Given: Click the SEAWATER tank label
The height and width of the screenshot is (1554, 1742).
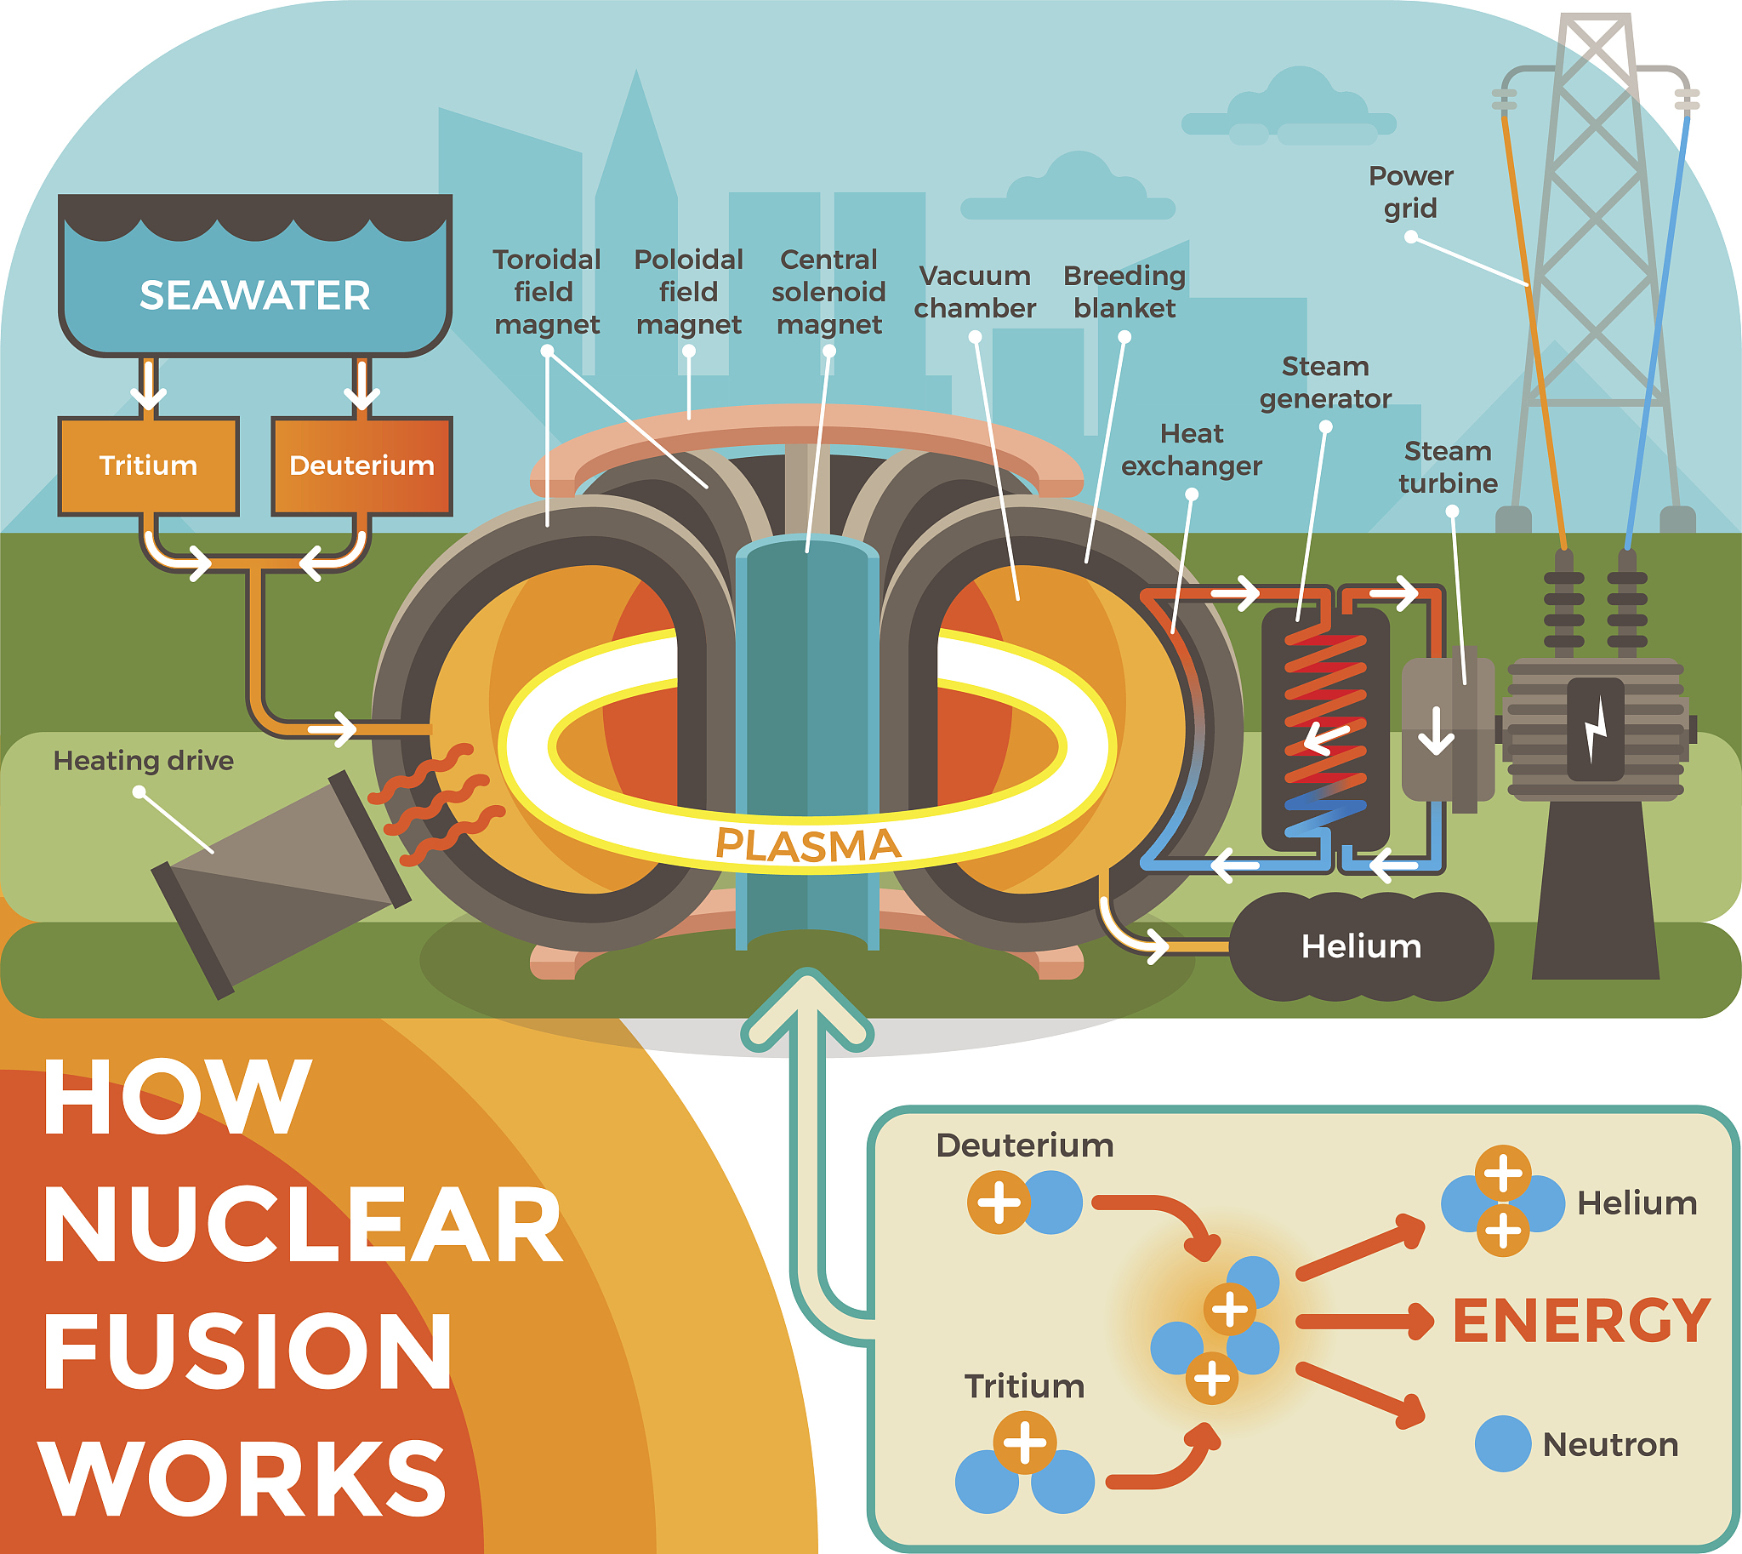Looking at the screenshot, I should click(x=254, y=295).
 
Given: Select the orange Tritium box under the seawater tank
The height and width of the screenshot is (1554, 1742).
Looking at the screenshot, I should click(x=148, y=466).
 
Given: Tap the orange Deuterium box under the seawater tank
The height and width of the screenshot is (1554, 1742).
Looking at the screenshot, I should click(x=361, y=466).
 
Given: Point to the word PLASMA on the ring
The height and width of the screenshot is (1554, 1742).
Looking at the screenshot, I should click(x=807, y=844).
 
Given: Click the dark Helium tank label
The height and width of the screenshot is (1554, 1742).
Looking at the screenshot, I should click(x=1361, y=946).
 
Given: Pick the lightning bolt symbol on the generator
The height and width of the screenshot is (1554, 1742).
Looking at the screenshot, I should click(x=1595, y=728).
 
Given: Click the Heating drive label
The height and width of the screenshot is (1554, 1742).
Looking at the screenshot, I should click(x=144, y=761).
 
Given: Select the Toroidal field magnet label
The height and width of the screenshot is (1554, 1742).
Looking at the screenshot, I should click(x=546, y=292).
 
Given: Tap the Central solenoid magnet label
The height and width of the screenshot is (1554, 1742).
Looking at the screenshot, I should click(x=828, y=292).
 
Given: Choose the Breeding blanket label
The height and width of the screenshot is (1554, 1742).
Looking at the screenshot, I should click(x=1124, y=292).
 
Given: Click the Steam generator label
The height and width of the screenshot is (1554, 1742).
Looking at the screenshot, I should click(x=1325, y=382).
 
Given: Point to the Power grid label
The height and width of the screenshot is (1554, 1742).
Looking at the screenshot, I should click(x=1410, y=192).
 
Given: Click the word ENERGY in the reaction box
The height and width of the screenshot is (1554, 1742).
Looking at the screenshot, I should click(x=1581, y=1320).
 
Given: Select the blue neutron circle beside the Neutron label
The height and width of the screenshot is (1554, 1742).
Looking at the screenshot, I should click(x=1502, y=1444).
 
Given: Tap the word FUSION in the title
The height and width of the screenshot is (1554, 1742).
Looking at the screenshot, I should click(x=248, y=1351).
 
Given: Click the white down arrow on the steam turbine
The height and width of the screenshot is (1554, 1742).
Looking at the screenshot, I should click(x=1437, y=731).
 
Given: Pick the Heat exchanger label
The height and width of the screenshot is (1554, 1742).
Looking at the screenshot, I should click(x=1192, y=450).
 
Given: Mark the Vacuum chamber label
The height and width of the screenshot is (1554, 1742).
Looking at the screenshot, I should click(x=975, y=292).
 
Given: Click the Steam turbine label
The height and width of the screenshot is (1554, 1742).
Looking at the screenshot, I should click(x=1448, y=467).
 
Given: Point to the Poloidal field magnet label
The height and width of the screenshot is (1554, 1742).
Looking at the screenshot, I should click(x=689, y=292).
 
